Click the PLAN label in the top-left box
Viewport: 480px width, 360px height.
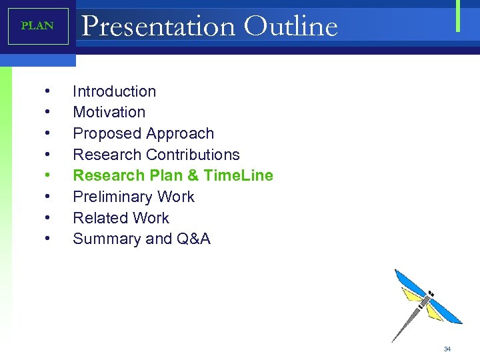click(x=37, y=26)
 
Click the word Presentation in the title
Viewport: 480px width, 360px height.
click(x=158, y=27)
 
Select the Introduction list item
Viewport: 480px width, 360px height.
click(x=114, y=91)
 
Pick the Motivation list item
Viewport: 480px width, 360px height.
click(x=109, y=112)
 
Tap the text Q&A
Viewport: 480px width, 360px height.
click(x=193, y=239)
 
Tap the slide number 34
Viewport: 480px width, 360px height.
click(x=447, y=349)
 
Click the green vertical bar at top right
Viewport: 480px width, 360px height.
click(x=458, y=16)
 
